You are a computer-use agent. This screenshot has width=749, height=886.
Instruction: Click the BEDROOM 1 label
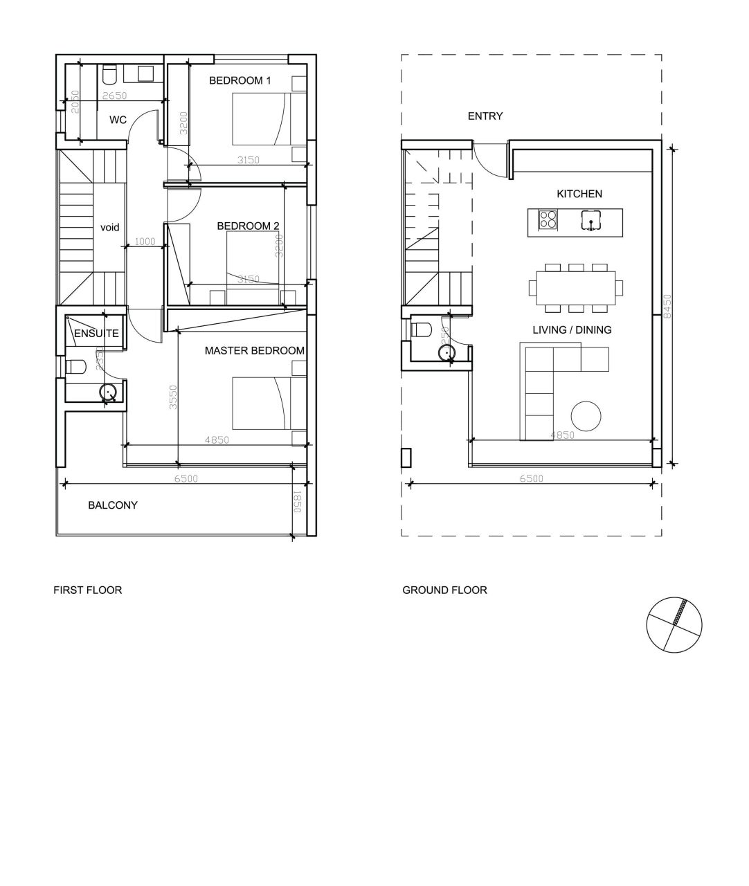[x=240, y=80]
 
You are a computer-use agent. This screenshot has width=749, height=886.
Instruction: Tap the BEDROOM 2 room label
[x=248, y=226]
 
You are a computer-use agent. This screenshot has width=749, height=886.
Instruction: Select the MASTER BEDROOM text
[x=254, y=351]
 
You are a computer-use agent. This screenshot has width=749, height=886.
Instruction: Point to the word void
[x=110, y=227]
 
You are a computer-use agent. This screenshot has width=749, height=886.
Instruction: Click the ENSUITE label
[x=96, y=334]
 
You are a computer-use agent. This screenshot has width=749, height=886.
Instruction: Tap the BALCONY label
[x=112, y=505]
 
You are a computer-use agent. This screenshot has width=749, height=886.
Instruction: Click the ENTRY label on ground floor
[x=485, y=116]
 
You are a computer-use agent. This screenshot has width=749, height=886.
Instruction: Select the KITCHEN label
[x=579, y=194]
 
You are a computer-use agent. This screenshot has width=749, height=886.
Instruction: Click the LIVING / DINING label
[x=572, y=329]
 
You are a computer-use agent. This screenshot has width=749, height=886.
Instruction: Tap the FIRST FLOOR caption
[x=88, y=590]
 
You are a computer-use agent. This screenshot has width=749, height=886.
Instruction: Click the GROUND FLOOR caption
[x=444, y=590]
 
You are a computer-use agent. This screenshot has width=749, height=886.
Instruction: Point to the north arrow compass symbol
[x=673, y=624]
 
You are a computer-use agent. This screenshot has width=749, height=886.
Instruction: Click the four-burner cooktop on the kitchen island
[x=548, y=219]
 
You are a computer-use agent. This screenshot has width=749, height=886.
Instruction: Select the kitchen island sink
[x=589, y=220]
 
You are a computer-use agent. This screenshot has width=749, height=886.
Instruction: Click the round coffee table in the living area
[x=586, y=416]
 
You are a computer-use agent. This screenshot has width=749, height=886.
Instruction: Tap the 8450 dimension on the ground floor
[x=667, y=305]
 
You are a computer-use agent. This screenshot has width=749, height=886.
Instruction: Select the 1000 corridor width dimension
[x=145, y=242]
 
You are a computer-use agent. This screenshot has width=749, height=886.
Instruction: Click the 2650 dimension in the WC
[x=115, y=96]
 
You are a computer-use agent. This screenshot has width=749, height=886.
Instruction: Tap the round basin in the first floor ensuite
[x=108, y=392]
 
